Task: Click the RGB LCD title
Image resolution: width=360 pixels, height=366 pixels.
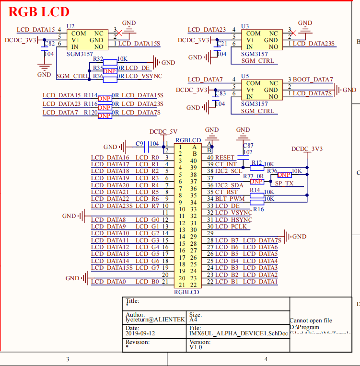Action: click(39, 12)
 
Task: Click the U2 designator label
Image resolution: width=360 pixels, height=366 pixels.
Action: click(70, 26)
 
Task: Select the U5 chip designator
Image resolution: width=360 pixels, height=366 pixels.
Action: click(245, 76)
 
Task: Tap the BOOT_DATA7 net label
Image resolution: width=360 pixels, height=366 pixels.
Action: click(313, 80)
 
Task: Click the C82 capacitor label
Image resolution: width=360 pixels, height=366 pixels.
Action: click(49, 44)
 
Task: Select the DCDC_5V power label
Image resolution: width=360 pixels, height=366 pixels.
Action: click(163, 131)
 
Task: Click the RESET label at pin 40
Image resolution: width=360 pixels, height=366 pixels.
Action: click(225, 158)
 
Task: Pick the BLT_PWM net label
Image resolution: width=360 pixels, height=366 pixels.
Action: click(230, 199)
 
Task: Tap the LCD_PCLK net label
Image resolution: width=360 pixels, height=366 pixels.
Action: click(233, 227)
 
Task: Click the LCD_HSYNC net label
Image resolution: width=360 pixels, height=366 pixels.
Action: click(235, 220)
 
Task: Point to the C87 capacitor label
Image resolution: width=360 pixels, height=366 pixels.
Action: click(248, 145)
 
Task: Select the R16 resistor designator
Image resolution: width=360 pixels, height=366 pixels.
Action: click(258, 209)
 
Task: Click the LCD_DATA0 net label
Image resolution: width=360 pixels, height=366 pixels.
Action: click(108, 282)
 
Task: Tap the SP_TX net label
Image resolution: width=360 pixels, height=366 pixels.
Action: click(285, 183)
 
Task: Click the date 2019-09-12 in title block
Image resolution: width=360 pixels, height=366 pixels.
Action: click(140, 333)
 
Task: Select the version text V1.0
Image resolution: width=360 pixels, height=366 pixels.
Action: click(196, 347)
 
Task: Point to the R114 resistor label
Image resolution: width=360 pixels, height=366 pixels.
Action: click(91, 95)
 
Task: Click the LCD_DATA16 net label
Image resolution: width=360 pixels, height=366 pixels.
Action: click(110, 158)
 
